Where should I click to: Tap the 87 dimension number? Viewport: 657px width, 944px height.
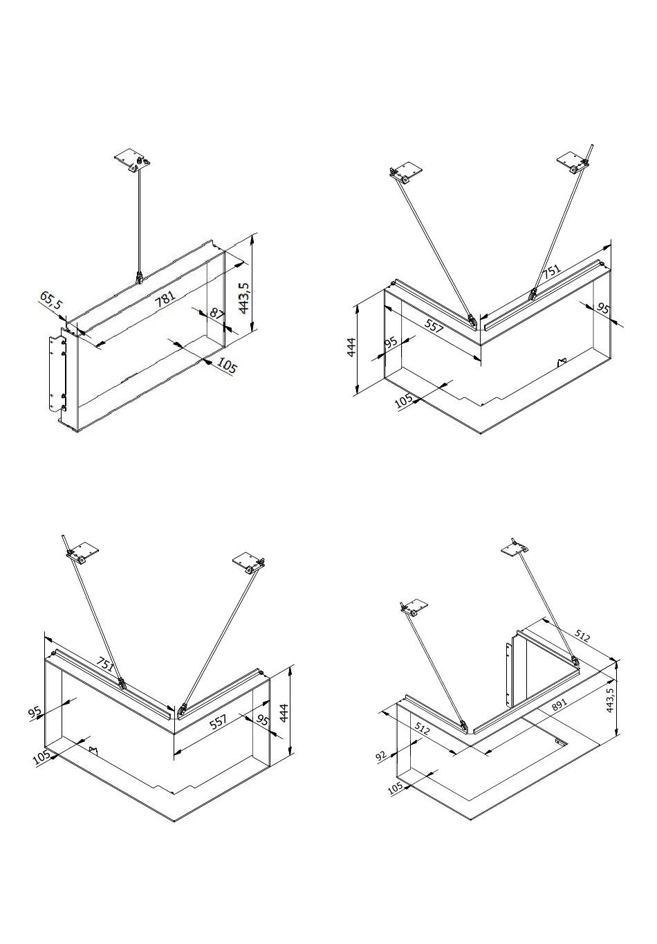click(x=216, y=313)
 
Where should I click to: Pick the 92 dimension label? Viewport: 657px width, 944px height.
click(x=381, y=755)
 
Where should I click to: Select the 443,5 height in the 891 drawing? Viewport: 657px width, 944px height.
click(x=609, y=701)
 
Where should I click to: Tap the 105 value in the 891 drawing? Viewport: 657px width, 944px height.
click(x=395, y=788)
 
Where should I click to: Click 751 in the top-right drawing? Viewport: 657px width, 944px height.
click(x=551, y=271)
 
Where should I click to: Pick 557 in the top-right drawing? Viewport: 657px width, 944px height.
click(x=434, y=327)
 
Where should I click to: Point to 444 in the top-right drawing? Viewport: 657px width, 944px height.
click(x=351, y=346)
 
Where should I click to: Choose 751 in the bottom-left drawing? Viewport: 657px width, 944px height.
click(x=104, y=663)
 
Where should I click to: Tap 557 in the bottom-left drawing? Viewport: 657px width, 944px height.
click(x=218, y=722)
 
